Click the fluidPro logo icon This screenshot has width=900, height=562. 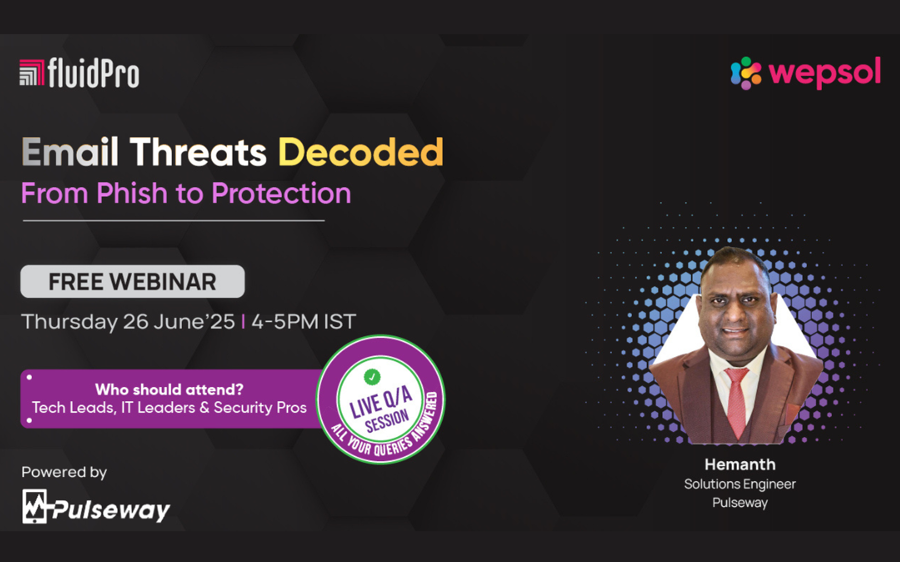pyautogui.click(x=32, y=72)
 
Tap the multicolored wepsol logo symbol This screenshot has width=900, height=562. pyautogui.click(x=746, y=73)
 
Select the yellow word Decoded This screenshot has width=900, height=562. pyautogui.click(x=361, y=152)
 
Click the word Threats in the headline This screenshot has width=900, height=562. pyautogui.click(x=198, y=152)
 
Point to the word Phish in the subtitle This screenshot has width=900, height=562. pyautogui.click(x=132, y=192)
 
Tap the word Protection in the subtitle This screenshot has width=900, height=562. pyautogui.click(x=282, y=192)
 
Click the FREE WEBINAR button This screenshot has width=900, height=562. pyautogui.click(x=132, y=281)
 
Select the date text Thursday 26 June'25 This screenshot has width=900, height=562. pyautogui.click(x=128, y=321)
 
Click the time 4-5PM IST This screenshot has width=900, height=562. pyautogui.click(x=303, y=321)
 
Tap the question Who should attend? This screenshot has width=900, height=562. pyautogui.click(x=169, y=390)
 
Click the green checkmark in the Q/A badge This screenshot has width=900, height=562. pyautogui.click(x=372, y=377)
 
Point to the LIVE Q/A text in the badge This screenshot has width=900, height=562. pyautogui.click(x=381, y=402)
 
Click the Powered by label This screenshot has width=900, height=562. pyautogui.click(x=64, y=473)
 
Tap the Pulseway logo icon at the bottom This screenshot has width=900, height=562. pyautogui.click(x=34, y=506)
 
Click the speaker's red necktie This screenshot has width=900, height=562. pyautogui.click(x=737, y=402)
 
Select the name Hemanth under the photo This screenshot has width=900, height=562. pyautogui.click(x=740, y=464)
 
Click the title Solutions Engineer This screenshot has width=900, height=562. pyautogui.click(x=740, y=484)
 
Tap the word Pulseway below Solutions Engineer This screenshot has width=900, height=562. pyautogui.click(x=740, y=503)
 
